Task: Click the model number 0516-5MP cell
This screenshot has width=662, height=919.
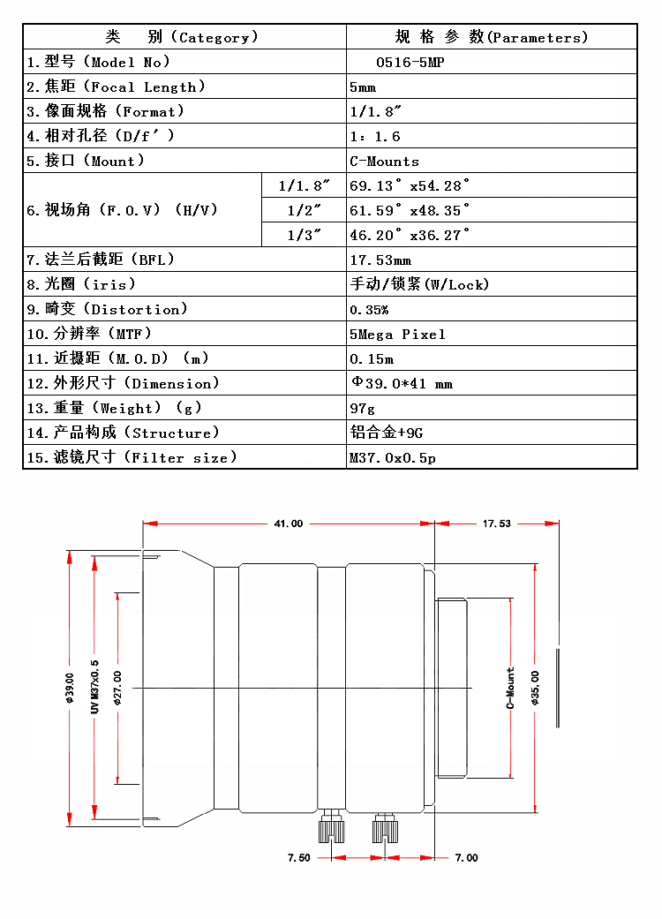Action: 405,62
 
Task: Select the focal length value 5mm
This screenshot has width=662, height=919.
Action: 363,87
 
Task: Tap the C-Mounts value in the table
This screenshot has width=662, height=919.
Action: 384,161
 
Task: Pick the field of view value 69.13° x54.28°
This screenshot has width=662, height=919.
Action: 410,185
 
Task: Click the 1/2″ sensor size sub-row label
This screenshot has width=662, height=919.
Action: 304,210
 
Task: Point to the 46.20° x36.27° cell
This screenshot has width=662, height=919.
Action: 410,235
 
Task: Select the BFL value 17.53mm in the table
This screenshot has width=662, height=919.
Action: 380,260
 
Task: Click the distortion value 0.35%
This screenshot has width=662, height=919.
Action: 369,309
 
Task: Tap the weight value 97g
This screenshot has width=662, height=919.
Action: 362,408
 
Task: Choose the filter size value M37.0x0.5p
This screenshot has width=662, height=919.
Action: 393,457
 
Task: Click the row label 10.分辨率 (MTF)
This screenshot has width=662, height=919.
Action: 89,334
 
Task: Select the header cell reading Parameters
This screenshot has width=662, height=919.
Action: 491,37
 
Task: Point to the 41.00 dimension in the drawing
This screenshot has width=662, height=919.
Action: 288,524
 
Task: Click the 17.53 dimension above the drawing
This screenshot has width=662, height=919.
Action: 496,524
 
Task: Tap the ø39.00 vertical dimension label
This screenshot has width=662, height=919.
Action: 69,689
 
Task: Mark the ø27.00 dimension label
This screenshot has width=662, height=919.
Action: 117,689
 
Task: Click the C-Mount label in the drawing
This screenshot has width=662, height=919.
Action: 510,689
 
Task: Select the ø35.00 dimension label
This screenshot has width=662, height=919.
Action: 535,689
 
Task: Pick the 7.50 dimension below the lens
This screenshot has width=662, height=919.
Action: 299,857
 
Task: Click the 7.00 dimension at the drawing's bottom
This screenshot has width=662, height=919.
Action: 466,857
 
